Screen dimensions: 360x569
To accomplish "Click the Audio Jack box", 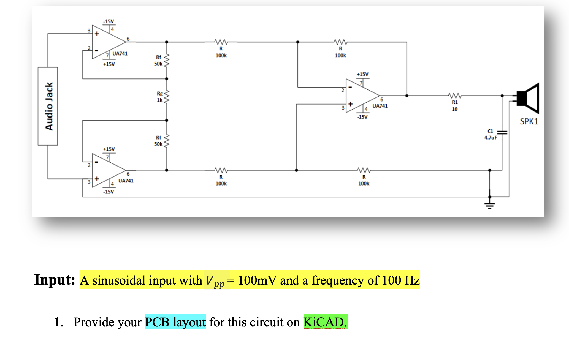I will pyautogui.click(x=48, y=106).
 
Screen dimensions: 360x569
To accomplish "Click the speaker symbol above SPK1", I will pyautogui.click(x=527, y=98).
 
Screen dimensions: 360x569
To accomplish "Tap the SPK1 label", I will pyautogui.click(x=529, y=121).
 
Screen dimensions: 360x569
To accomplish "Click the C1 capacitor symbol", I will pyautogui.click(x=502, y=133).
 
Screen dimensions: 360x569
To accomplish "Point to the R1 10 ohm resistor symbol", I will pyautogui.click(x=455, y=96).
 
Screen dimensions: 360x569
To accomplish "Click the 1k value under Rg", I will pyautogui.click(x=160, y=100).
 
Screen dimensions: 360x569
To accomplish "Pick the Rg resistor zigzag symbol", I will pyautogui.click(x=167, y=97).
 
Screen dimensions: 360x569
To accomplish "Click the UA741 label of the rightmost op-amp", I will pyautogui.click(x=380, y=106).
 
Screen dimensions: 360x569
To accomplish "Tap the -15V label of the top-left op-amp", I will pyautogui.click(x=108, y=21).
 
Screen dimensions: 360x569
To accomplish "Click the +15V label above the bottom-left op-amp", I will pyautogui.click(x=109, y=149).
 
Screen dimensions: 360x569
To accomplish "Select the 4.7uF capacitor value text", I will pyautogui.click(x=491, y=138).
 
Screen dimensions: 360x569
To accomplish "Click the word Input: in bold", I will pyautogui.click(x=55, y=280).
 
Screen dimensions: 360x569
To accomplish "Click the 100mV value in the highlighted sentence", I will pyautogui.click(x=257, y=280).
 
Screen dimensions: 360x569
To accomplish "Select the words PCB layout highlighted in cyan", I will pyautogui.click(x=175, y=322).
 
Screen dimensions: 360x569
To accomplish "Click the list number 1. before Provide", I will pyautogui.click(x=59, y=322).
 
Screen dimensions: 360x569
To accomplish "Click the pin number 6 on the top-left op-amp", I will pyautogui.click(x=128, y=39).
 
